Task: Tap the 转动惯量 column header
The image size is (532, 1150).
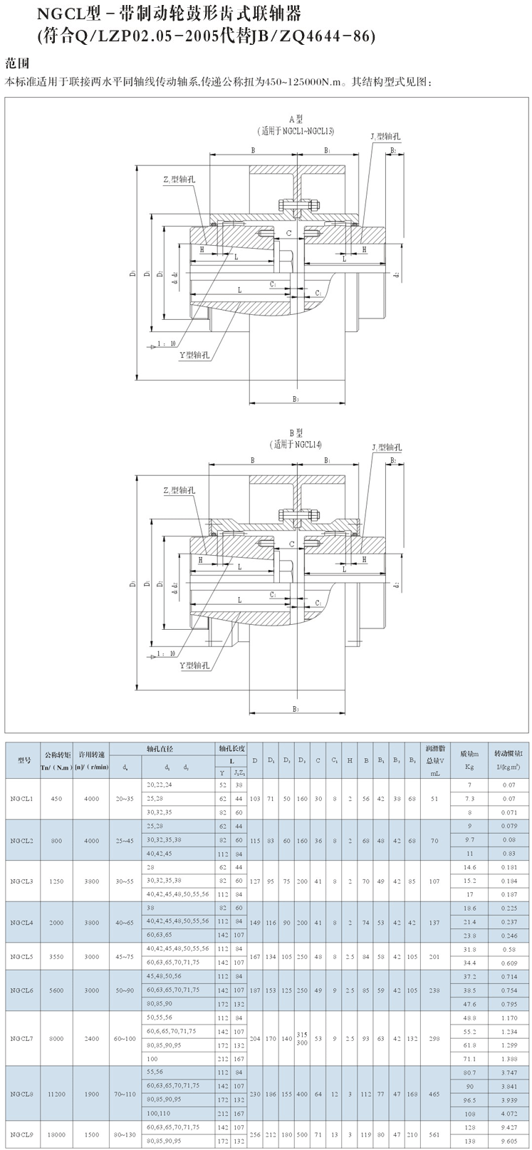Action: pos(508,754)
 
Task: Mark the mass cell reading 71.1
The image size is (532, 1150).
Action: pos(469,1059)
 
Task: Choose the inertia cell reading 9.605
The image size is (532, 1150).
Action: pos(508,1141)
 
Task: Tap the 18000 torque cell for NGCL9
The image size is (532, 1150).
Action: pos(58,1134)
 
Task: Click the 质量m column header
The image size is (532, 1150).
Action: pos(469,754)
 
